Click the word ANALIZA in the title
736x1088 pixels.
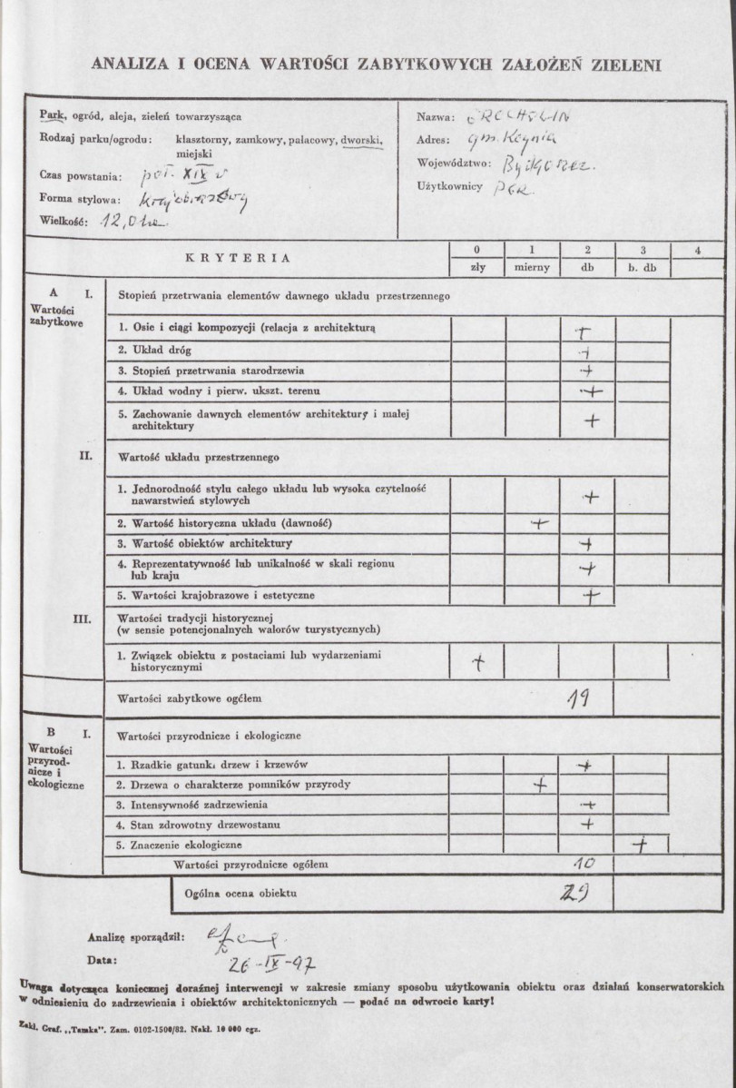click(x=130, y=64)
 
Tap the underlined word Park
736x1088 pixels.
click(x=50, y=116)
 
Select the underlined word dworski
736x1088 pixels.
click(x=362, y=140)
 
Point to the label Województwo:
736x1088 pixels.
click(x=453, y=163)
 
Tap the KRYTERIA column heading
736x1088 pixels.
click(x=239, y=257)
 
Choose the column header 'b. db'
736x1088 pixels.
click(x=642, y=267)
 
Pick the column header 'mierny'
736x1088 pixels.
click(x=531, y=267)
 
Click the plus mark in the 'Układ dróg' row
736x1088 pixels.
click(x=586, y=351)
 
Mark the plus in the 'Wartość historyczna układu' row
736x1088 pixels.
click(x=540, y=523)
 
